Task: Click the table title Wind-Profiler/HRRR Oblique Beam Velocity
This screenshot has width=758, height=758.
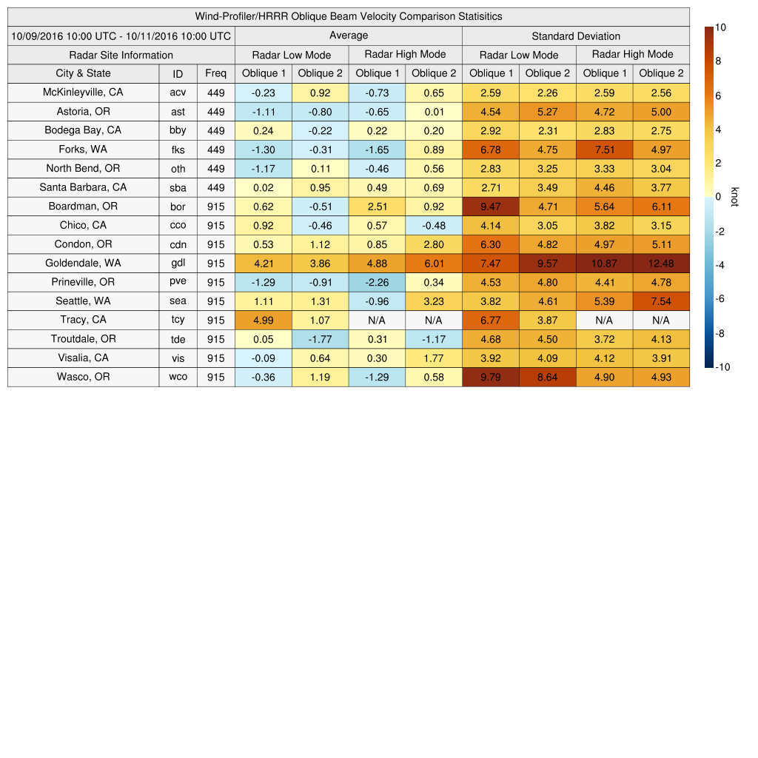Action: pyautogui.click(x=348, y=16)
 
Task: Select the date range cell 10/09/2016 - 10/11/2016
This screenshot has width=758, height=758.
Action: pyautogui.click(x=121, y=36)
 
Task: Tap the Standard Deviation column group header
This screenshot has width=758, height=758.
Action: pyautogui.click(x=575, y=36)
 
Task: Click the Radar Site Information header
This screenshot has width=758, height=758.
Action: pyautogui.click(x=121, y=55)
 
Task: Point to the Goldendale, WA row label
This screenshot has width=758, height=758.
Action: pyautogui.click(x=83, y=263)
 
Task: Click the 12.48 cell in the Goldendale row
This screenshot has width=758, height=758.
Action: pyautogui.click(x=660, y=264)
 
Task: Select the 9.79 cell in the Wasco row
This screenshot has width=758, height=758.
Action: pyautogui.click(x=490, y=378)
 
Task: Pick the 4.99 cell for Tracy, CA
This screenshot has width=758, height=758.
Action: pyautogui.click(x=263, y=321)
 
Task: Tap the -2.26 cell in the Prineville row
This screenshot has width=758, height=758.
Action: pyautogui.click(x=377, y=282)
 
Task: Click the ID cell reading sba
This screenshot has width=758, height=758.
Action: pyautogui.click(x=178, y=187)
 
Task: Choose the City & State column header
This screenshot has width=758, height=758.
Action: pyautogui.click(x=83, y=73)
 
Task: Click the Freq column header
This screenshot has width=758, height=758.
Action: pyautogui.click(x=215, y=73)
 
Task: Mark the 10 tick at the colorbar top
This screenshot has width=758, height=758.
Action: pyautogui.click(x=720, y=27)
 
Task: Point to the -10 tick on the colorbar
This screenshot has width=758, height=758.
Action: pyautogui.click(x=723, y=367)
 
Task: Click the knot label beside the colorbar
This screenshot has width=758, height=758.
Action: pyautogui.click(x=734, y=196)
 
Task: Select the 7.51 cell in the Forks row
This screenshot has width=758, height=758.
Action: pyautogui.click(x=603, y=150)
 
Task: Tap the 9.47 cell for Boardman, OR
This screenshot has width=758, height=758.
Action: pyautogui.click(x=490, y=207)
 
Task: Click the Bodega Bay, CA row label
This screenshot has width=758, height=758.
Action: pyautogui.click(x=83, y=130)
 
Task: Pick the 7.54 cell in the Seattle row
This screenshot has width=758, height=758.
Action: pyautogui.click(x=660, y=301)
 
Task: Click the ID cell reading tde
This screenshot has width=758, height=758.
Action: pyautogui.click(x=178, y=339)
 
